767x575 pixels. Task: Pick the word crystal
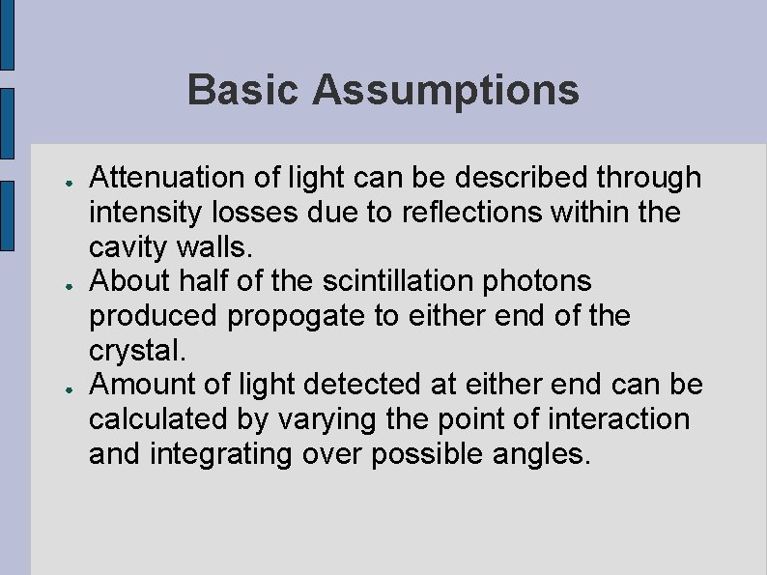pyautogui.click(x=131, y=351)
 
